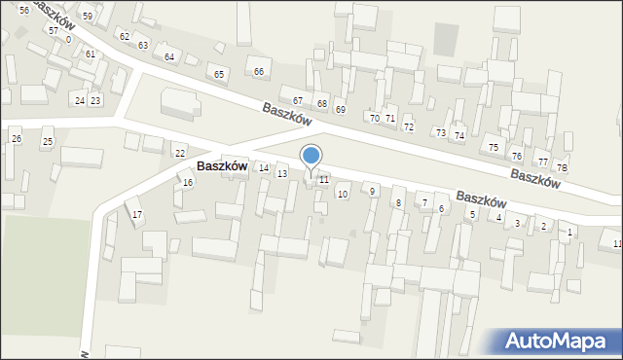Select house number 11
pos(323,180)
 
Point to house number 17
pos(137,214)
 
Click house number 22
pos(179,154)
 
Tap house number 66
pos(259,72)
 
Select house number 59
pos(87,17)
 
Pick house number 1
pos(569,232)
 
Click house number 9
pos(372,191)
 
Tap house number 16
pos(187,182)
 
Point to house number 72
pos(409,127)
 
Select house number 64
pos(169,57)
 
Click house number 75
pos(494,147)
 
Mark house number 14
pos(264,168)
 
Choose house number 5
pos(472,214)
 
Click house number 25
pos(47,142)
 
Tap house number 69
pos(340,109)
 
